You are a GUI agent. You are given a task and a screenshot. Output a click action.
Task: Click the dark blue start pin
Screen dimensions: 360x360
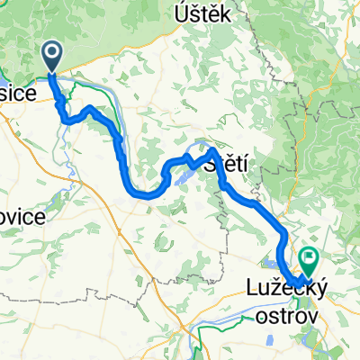51,56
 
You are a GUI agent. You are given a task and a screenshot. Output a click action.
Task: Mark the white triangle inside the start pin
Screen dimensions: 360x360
51,55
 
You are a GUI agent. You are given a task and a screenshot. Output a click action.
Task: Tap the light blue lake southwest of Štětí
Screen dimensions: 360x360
176,179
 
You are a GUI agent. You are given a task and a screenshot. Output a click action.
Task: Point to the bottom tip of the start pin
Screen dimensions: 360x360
51,72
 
